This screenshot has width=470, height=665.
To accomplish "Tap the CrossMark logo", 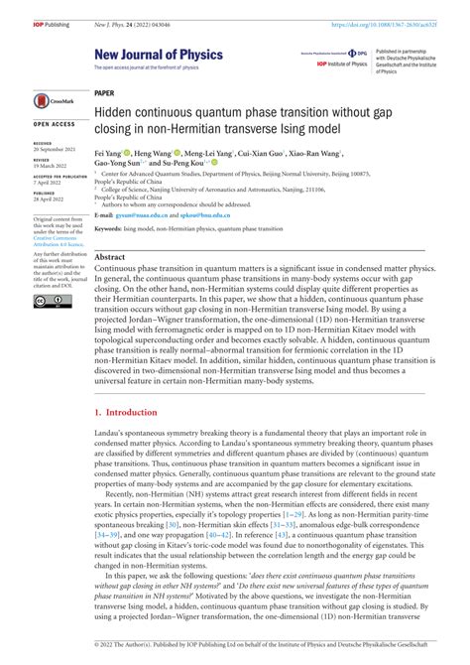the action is [x=52, y=100].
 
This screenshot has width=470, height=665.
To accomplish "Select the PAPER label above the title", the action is [x=104, y=91].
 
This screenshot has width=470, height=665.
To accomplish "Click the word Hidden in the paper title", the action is [x=117, y=111].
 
